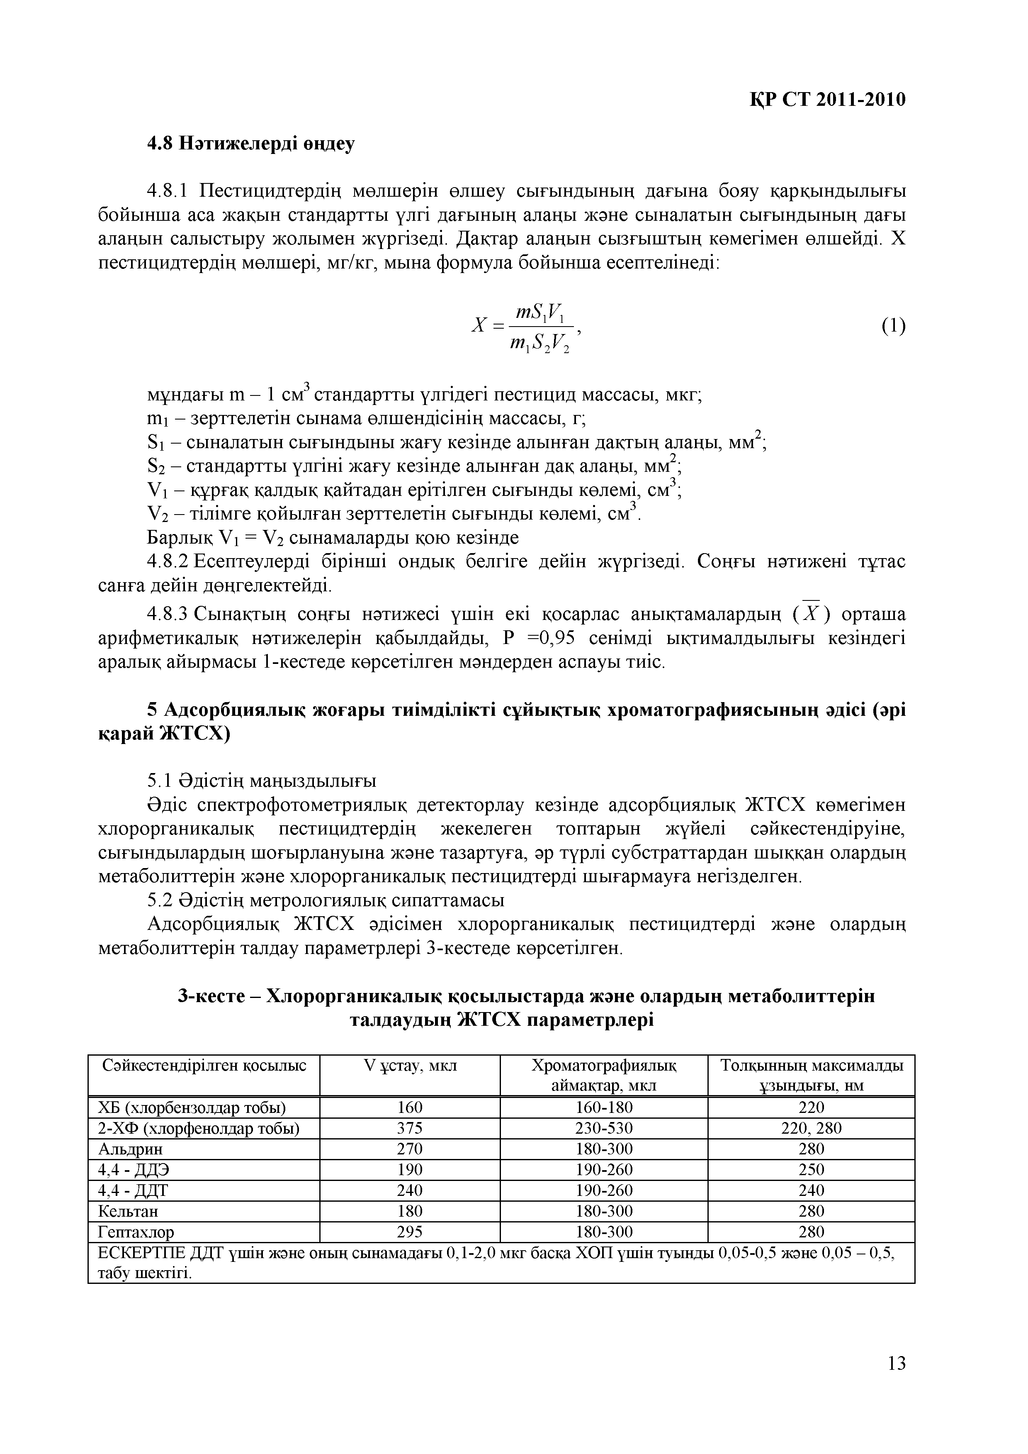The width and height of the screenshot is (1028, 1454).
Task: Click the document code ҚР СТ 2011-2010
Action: (x=828, y=100)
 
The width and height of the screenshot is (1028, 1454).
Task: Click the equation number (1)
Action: (x=893, y=326)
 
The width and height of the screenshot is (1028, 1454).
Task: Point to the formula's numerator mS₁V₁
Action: (x=541, y=312)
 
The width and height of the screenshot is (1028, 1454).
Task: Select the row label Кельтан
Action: (x=129, y=1211)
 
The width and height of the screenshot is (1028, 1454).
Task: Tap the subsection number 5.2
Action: (x=160, y=900)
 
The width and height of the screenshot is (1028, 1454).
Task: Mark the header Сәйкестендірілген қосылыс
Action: (x=204, y=1066)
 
